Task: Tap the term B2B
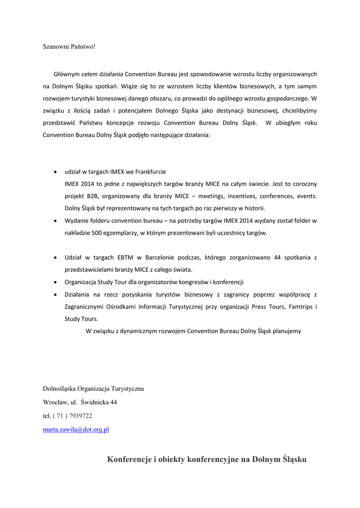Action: click(93, 195)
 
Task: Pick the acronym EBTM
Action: click(126, 257)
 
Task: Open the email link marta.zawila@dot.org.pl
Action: click(76, 430)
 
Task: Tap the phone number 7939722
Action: click(80, 416)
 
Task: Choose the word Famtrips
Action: click(299, 307)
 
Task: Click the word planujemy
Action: click(285, 330)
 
